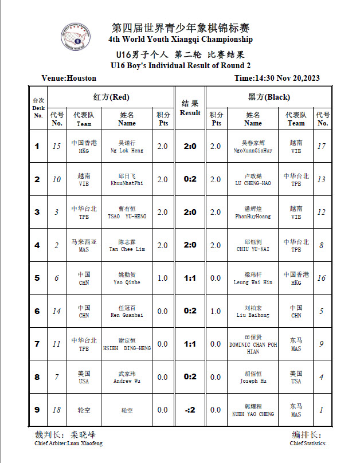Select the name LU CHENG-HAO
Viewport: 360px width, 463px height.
point(253,183)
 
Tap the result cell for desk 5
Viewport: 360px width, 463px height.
point(190,278)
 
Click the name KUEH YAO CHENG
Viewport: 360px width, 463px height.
point(253,414)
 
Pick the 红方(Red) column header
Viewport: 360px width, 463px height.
point(111,97)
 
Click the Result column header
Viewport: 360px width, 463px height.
point(190,108)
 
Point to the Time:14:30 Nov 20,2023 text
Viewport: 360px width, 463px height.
point(277,79)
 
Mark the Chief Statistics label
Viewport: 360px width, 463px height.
point(308,443)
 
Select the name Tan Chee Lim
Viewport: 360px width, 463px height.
point(127,249)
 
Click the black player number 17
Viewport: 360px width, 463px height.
point(322,146)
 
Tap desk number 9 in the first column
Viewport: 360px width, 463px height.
point(37,410)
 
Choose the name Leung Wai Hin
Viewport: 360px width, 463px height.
point(253,282)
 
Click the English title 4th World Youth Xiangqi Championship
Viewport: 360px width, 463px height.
point(180,40)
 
